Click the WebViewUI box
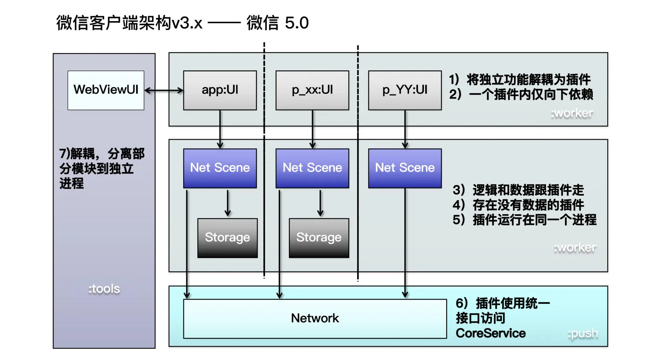tap(106, 90)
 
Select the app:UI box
tap(220, 90)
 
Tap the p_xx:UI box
tap(312, 90)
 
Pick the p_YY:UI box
tap(405, 90)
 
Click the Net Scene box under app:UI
tap(220, 168)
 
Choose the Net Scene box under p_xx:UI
tap(312, 168)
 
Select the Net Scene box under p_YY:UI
tap(405, 168)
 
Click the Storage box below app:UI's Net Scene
tap(227, 238)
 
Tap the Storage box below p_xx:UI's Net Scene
tap(319, 238)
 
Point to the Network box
tap(315, 318)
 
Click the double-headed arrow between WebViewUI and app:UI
tap(164, 91)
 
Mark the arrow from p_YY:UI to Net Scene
tap(405, 129)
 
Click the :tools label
tap(104, 289)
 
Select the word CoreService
tap(491, 333)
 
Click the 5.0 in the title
tap(297, 23)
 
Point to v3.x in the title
tap(187, 23)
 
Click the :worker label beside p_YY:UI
tap(572, 113)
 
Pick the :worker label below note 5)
tap(575, 247)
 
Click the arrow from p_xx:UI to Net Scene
tap(313, 129)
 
